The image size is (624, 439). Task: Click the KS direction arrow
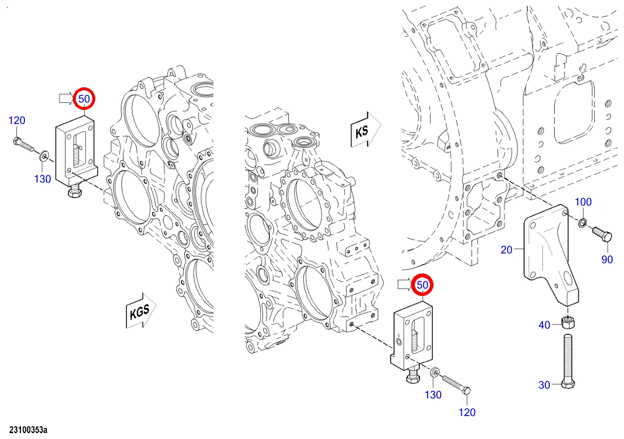pyautogui.click(x=365, y=130)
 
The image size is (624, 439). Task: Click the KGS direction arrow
pyautogui.click(x=141, y=311)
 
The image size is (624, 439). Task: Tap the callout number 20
pyautogui.click(x=506, y=250)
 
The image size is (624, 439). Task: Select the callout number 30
pyautogui.click(x=544, y=385)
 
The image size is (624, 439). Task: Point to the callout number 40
pyautogui.click(x=544, y=325)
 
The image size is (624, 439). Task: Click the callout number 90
pyautogui.click(x=607, y=259)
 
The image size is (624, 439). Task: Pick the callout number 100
pyautogui.click(x=583, y=202)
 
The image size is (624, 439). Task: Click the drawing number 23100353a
pyautogui.click(x=28, y=430)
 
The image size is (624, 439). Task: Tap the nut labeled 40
pyautogui.click(x=568, y=323)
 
